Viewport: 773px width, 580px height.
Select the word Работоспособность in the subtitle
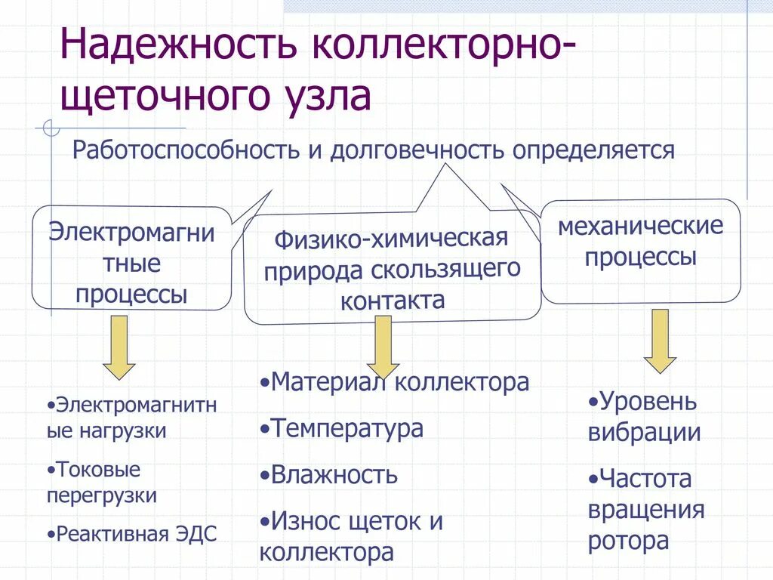pos(186,150)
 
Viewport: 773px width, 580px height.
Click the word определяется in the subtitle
pos(593,150)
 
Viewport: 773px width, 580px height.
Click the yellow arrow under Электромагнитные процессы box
pos(119,347)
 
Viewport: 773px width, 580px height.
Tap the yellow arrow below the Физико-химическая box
pos(383,346)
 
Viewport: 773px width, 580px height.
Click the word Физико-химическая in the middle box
pos(390,239)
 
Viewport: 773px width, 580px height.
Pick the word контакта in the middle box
pos(393,301)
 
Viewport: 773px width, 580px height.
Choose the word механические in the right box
pos(640,226)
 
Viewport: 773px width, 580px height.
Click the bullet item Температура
pos(346,429)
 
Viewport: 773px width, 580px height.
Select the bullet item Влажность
pos(334,475)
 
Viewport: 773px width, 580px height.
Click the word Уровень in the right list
pos(648,401)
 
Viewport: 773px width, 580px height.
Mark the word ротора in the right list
pos(628,541)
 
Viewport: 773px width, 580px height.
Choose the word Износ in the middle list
pos(308,521)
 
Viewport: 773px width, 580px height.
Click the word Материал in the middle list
pos(330,382)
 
